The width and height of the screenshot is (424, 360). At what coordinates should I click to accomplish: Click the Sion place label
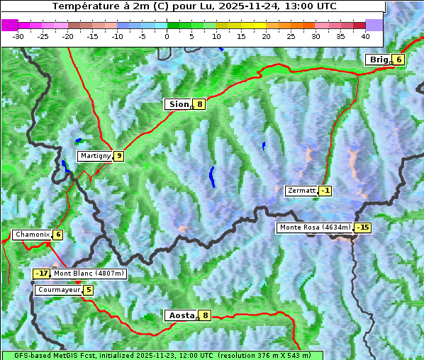[x=178, y=104]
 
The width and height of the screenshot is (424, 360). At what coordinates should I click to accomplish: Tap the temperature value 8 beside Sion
[x=200, y=104]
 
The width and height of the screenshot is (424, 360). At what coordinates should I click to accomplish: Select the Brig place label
[x=378, y=60]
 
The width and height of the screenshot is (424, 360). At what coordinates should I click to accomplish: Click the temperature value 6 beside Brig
[x=398, y=60]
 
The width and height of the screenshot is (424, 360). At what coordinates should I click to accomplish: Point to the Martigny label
[x=95, y=156]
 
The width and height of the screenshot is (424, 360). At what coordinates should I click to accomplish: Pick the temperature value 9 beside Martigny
[x=118, y=156]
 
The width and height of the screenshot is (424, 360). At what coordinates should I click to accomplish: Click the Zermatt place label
[x=301, y=191]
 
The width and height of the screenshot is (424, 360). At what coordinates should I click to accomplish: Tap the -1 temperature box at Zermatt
[x=325, y=191]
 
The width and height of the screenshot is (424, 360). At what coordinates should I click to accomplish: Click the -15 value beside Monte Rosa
[x=362, y=227]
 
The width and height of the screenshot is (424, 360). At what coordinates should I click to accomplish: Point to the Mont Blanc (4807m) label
[x=89, y=274]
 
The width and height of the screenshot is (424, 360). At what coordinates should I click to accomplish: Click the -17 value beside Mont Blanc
[x=42, y=274]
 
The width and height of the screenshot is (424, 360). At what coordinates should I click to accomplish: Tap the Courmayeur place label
[x=58, y=290]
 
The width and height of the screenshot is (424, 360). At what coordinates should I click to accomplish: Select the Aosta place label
[x=180, y=315]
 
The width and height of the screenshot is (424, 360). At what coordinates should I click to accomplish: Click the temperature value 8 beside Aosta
[x=205, y=315]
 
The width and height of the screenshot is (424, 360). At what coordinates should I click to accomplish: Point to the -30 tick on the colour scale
[x=18, y=35]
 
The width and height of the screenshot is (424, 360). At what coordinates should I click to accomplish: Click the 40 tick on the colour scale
[x=365, y=35]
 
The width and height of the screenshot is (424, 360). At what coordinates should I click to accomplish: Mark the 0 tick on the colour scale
[x=167, y=35]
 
